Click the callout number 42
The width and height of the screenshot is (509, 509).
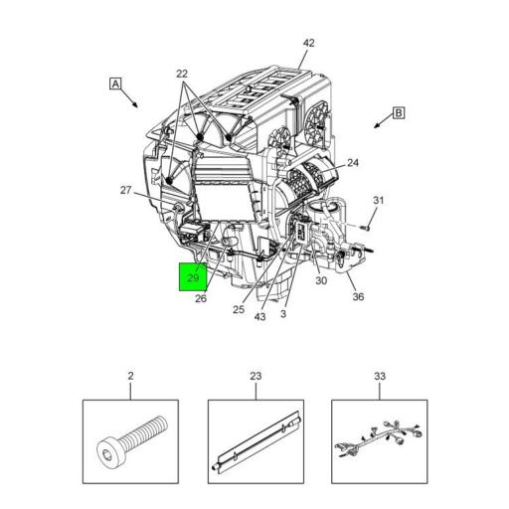click(308, 43)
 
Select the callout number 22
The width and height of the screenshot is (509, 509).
click(182, 74)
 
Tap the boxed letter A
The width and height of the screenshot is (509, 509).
click(116, 85)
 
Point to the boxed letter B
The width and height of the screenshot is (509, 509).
click(399, 113)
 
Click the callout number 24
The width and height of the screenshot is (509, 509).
click(353, 163)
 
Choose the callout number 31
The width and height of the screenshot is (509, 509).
click(378, 202)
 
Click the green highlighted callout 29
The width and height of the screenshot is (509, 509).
click(193, 277)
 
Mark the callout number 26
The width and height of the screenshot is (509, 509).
click(200, 298)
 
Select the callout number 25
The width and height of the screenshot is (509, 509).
click(239, 308)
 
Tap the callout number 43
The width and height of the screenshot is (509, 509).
click(259, 317)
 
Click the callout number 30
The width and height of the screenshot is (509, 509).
click(321, 280)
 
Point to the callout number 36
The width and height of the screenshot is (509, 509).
click(358, 295)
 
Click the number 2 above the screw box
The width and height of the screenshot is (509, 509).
click(130, 376)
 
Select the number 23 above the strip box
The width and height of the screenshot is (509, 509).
click(255, 376)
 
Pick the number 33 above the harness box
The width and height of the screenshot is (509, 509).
click(379, 376)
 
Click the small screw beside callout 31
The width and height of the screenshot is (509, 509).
click(364, 228)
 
